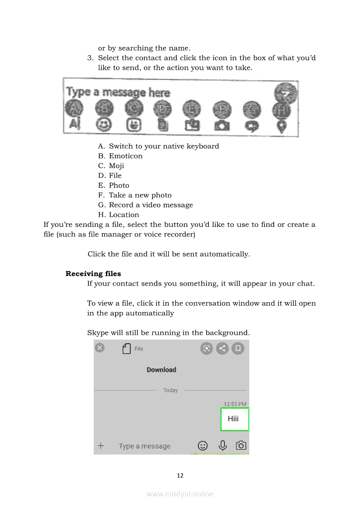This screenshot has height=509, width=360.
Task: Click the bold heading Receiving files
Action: pos(93,274)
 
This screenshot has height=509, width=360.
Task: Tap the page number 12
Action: pos(180,475)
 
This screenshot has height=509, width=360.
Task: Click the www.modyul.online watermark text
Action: pos(180,494)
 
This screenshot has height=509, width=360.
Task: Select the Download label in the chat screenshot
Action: pos(161,370)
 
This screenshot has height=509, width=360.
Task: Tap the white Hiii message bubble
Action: pos(235,419)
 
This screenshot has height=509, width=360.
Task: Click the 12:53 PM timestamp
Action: pos(235,404)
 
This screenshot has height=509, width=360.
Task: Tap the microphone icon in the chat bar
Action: pos(223,445)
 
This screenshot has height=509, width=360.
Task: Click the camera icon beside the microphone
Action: pos(241,445)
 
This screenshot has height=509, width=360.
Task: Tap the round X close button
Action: pos(100,347)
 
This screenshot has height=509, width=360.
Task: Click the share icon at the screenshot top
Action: pos(222,348)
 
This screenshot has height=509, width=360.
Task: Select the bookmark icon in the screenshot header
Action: pos(238,348)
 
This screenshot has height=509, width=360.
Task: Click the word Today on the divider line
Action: pos(170,391)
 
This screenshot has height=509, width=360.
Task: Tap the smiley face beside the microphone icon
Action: pos(203,445)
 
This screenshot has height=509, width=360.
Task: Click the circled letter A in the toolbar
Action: pos(75,108)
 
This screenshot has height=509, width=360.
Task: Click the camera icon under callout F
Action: pos(222,125)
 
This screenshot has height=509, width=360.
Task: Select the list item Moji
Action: pos(116,166)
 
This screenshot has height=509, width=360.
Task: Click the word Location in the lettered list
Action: pos(124,215)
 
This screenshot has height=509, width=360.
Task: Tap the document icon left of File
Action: pos(127,349)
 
